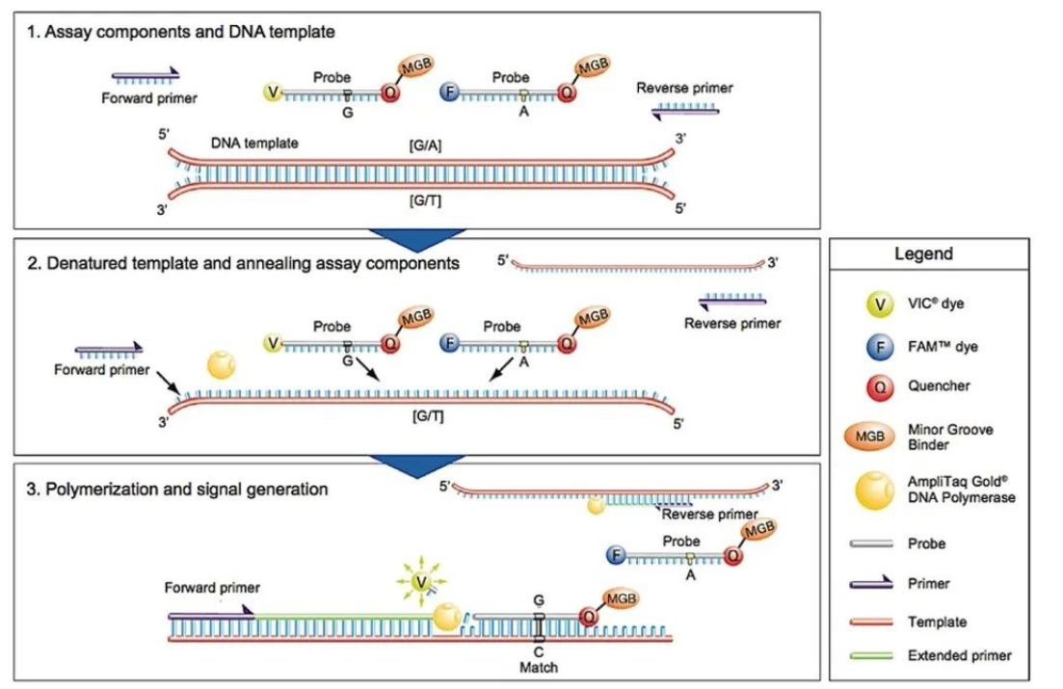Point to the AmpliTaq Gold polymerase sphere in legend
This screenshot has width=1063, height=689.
coord(874,490)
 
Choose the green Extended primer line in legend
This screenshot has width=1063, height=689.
coord(875,655)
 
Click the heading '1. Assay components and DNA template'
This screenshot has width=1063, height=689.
coord(181,32)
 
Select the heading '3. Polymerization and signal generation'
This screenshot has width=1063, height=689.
coord(177,490)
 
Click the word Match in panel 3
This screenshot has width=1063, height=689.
coord(539,667)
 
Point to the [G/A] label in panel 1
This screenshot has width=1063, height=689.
coord(425,143)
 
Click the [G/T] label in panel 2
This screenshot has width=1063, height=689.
coord(425,416)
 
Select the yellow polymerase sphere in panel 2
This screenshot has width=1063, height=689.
coord(222,366)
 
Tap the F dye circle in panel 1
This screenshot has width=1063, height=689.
coord(450,93)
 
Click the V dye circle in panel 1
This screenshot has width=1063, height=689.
coord(273,93)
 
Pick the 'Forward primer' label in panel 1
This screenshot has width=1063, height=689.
coord(149,98)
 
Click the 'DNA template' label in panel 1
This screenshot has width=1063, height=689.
coord(254,143)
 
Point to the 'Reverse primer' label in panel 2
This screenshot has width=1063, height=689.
coord(732,323)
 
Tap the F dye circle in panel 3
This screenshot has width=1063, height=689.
coord(614,556)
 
